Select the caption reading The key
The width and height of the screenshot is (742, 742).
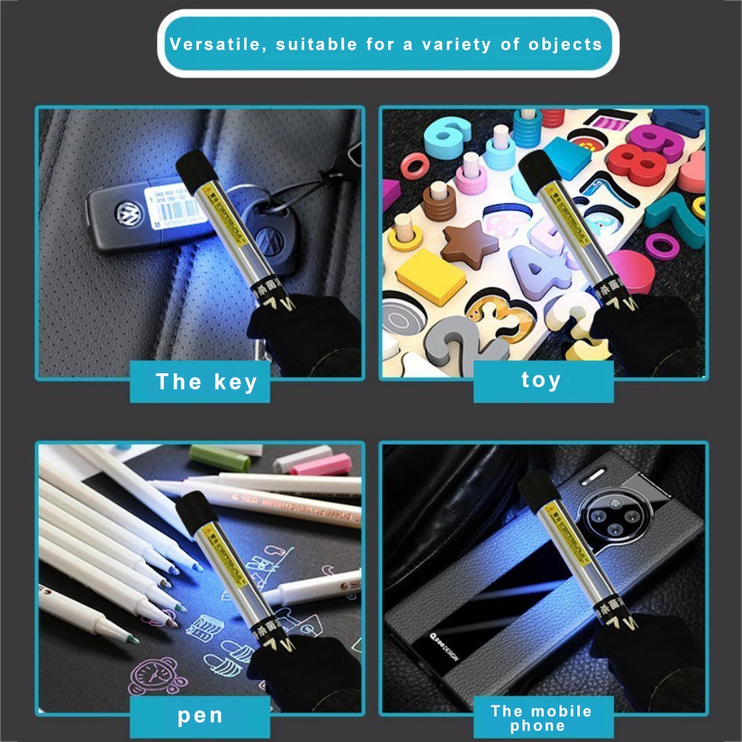point(206,382)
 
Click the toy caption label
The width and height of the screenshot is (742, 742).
point(541,381)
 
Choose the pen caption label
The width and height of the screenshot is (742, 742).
point(200,716)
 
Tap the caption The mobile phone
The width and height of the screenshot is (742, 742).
point(541,718)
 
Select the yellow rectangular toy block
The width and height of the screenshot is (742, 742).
point(430,275)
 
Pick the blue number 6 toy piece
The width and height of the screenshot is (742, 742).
point(447,138)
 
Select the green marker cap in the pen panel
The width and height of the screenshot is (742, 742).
point(220,457)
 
